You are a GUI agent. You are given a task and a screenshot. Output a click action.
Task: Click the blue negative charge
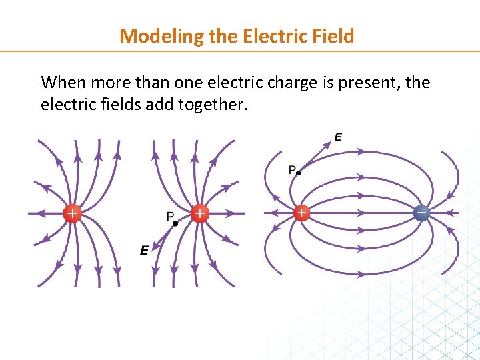(x=421, y=213)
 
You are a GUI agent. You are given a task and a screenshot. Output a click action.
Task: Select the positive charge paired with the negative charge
(x=302, y=213)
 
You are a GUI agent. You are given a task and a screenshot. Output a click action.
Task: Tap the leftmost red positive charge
(x=72, y=213)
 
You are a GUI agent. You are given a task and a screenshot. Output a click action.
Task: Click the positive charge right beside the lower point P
(x=199, y=213)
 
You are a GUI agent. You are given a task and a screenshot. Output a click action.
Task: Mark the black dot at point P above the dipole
(x=299, y=173)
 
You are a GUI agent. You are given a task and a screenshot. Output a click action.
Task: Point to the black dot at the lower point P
(x=175, y=223)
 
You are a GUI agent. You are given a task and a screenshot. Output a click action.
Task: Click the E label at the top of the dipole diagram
(x=339, y=137)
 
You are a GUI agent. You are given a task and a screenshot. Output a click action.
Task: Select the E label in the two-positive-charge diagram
(x=145, y=251)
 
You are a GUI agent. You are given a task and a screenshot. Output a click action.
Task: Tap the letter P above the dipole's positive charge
(x=291, y=170)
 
